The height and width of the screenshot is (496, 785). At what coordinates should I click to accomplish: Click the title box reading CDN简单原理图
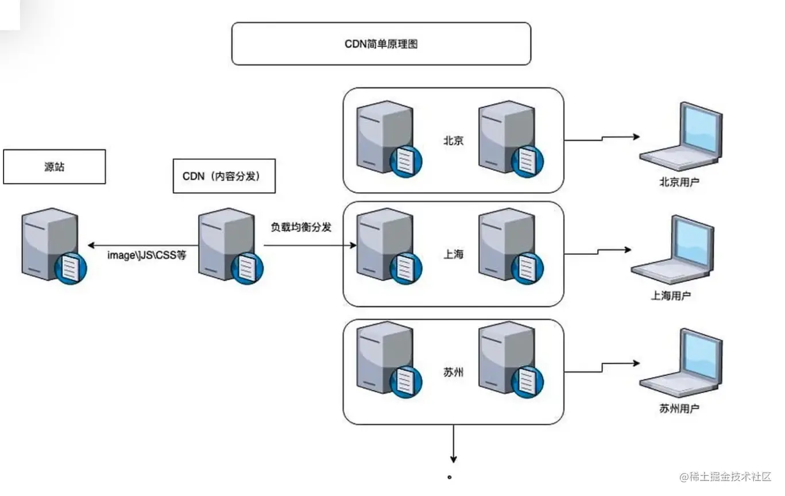pyautogui.click(x=381, y=44)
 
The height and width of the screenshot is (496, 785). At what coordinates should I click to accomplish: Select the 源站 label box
pyautogui.click(x=54, y=166)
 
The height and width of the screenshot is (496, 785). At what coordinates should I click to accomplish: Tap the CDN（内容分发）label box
pyautogui.click(x=224, y=176)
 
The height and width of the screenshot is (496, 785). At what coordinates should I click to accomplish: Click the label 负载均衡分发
pyautogui.click(x=301, y=227)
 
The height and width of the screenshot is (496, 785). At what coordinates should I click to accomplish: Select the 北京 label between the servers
pyautogui.click(x=453, y=141)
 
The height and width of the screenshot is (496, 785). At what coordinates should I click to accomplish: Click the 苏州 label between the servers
pyautogui.click(x=453, y=372)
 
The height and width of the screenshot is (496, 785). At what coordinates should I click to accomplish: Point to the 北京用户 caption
pyautogui.click(x=679, y=183)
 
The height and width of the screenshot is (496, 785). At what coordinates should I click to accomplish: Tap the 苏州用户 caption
pyautogui.click(x=679, y=409)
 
